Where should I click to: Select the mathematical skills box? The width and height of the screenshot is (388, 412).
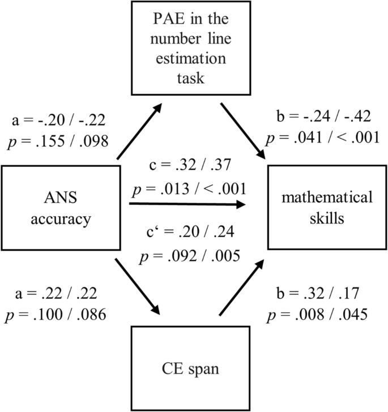326,207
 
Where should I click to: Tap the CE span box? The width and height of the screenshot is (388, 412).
192,370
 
